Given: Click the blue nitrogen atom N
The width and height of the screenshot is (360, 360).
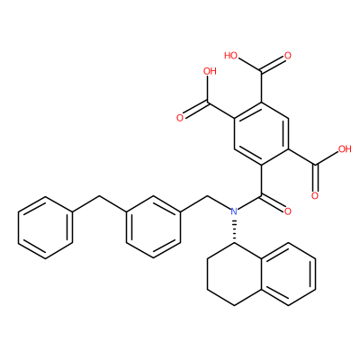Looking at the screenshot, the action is coord(234,211).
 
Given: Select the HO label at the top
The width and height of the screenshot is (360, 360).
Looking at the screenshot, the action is coord(230,56).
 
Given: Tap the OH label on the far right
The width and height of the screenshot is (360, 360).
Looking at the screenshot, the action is coord(345,149).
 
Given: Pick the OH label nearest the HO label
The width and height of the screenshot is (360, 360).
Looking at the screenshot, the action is coord(210,71).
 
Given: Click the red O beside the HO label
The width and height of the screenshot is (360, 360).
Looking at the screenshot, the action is coord(288,56).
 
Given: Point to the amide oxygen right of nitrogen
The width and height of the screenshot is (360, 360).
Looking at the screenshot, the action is coord(288,211).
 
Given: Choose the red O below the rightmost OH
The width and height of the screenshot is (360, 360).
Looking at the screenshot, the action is coord(315,196).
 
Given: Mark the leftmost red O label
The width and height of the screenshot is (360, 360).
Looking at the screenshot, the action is coord(180,118).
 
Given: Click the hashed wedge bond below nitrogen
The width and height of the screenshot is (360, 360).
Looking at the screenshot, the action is coord(234,231).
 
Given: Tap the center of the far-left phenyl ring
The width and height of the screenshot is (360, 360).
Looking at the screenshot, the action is coord(45,227).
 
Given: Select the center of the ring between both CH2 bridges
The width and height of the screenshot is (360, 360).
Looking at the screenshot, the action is coord(153,227).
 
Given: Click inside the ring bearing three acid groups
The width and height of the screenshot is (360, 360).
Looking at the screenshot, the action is coord(261,133).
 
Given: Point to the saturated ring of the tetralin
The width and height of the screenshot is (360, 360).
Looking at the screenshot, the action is coord(234,274).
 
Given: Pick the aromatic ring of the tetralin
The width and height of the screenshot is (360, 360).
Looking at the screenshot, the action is coord(288,274).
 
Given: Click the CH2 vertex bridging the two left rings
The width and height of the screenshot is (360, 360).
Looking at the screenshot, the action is coord(99,196).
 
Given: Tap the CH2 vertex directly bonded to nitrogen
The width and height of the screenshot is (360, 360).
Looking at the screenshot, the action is coord(207,196).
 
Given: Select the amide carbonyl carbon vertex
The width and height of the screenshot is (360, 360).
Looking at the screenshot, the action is coord(261,196).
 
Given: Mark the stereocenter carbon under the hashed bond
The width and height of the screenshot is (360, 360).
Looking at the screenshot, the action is coord(234,243).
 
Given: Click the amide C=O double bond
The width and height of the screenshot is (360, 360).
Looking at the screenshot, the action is coord(273,202).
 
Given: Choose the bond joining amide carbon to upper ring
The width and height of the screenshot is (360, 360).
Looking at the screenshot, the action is coord(261,180).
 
